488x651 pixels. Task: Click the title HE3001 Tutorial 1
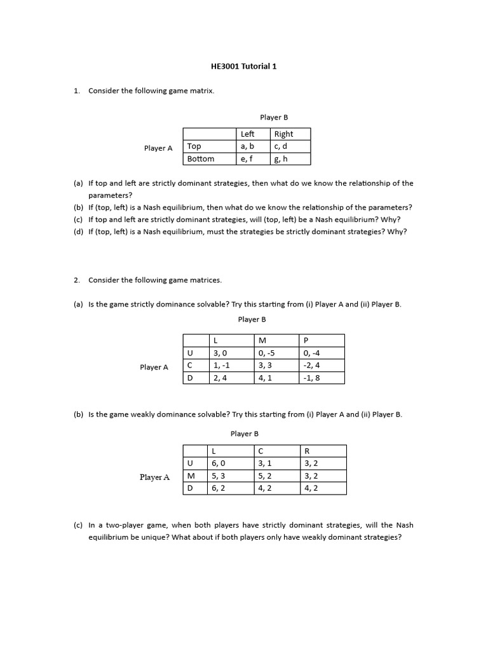[243, 66]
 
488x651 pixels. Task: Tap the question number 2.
[76, 280]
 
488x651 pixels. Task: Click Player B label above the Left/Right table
[274, 118]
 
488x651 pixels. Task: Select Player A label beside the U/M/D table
[154, 477]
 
